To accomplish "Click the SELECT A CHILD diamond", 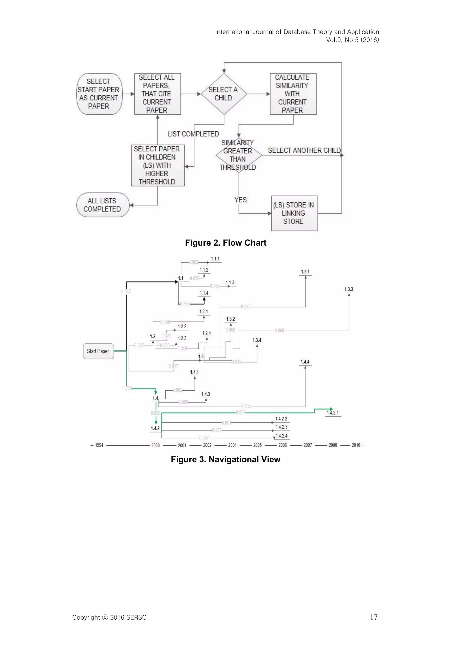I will [224, 94].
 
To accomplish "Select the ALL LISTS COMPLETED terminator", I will [102, 205].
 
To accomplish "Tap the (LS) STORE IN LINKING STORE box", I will [294, 213].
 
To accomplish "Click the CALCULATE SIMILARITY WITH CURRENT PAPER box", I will [293, 94].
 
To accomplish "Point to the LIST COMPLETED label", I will [193, 134].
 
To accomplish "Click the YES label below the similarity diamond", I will [240, 200].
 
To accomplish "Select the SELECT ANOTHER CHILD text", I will [304, 150].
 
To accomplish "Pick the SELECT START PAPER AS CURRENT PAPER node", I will [99, 94].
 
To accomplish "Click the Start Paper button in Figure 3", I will [98, 351].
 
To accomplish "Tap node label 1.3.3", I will [349, 289].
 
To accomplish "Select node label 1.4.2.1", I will [333, 413].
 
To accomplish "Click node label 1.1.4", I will [204, 293].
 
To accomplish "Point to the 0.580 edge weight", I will [245, 307].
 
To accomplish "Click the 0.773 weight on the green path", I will [127, 388].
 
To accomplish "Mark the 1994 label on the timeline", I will [99, 445].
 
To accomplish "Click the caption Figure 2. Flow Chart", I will [225, 243].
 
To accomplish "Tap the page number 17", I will [374, 617].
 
